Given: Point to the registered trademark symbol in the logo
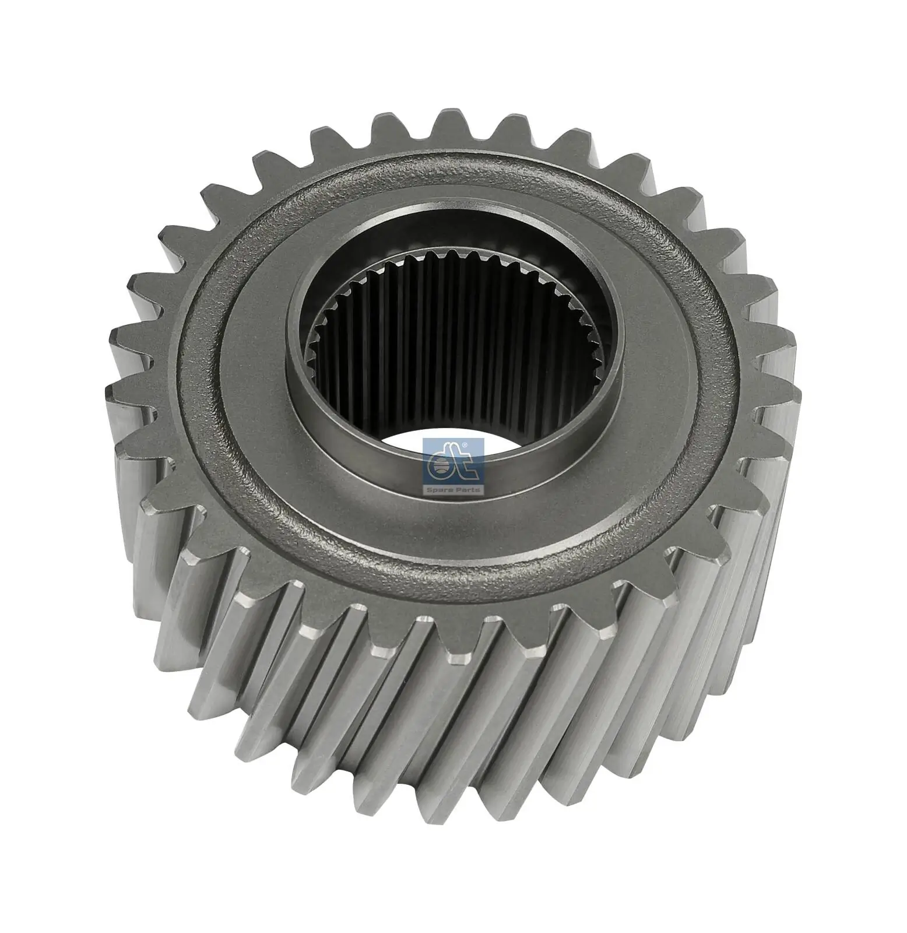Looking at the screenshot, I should click(x=464, y=446).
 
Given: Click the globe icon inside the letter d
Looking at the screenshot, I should click(x=442, y=466).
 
